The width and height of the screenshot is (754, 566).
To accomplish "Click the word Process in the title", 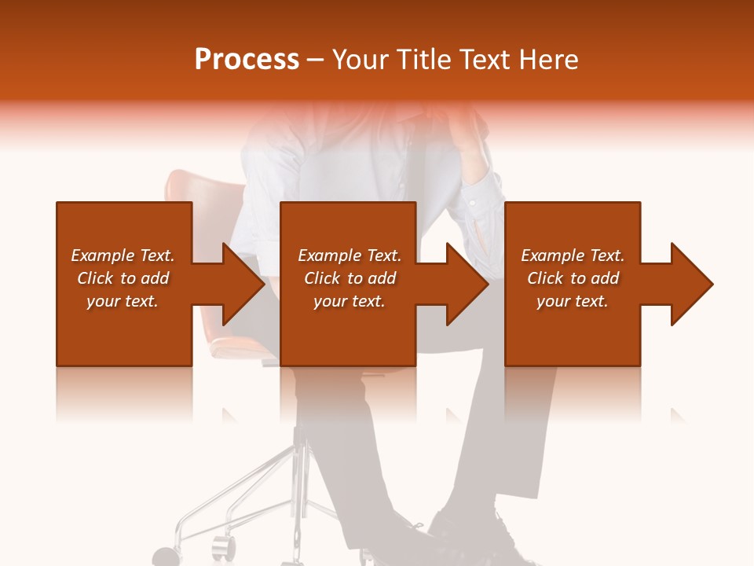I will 247,60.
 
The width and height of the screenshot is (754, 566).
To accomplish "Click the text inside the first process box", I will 123,278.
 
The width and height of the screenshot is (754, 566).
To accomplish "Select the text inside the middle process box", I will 349,278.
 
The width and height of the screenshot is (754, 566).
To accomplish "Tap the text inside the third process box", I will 573,278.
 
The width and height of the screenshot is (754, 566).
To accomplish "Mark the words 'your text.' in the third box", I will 573,301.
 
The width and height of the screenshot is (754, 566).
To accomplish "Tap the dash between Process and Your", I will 315,60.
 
